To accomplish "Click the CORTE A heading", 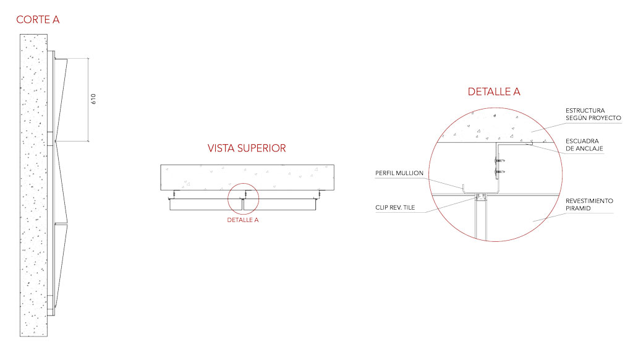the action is pos(38,19).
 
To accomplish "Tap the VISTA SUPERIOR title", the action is pos(247,148).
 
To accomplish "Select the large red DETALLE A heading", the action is pos(494,92).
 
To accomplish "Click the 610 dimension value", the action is pos(94,99).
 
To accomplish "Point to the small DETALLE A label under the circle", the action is pos(242,220).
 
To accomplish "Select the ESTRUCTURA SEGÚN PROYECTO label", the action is pos(593,114).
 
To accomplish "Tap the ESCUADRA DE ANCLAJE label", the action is pos(584,145).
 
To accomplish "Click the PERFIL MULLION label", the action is pos(399,173).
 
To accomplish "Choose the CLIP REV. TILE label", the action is pos(395,207).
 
